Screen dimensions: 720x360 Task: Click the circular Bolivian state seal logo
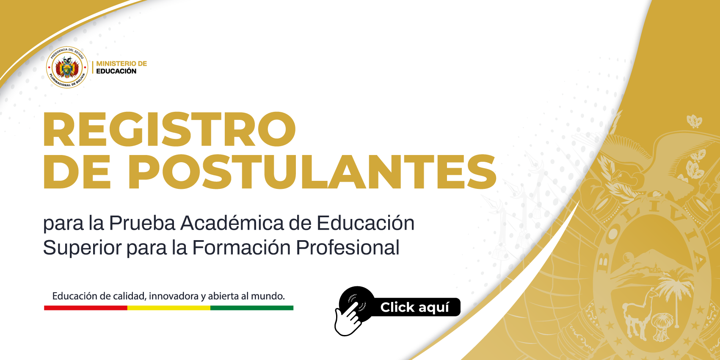pyautogui.click(x=67, y=67)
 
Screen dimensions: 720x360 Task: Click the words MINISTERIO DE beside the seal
pyautogui.click(x=121, y=64)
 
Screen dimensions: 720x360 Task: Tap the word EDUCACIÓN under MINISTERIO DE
pyautogui.click(x=116, y=71)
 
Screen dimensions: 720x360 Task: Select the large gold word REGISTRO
pyautogui.click(x=169, y=129)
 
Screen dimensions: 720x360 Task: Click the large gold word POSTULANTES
pyautogui.click(x=312, y=172)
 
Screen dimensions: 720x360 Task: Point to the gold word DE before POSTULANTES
pyautogui.click(x=77, y=172)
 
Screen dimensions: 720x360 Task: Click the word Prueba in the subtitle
pyautogui.click(x=142, y=223)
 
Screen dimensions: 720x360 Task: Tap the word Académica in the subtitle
pyautogui.click(x=232, y=222)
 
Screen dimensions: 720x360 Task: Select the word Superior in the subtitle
pyautogui.click(x=82, y=248)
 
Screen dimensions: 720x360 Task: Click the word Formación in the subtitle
pyautogui.click(x=241, y=247)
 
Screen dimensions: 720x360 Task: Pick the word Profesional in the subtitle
pyautogui.click(x=348, y=247)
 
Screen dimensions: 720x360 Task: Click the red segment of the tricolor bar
pyautogui.click(x=86, y=308)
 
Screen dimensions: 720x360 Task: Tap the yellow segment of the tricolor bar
pyautogui.click(x=169, y=308)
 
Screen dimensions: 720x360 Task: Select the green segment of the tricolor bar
pyautogui.click(x=252, y=308)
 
